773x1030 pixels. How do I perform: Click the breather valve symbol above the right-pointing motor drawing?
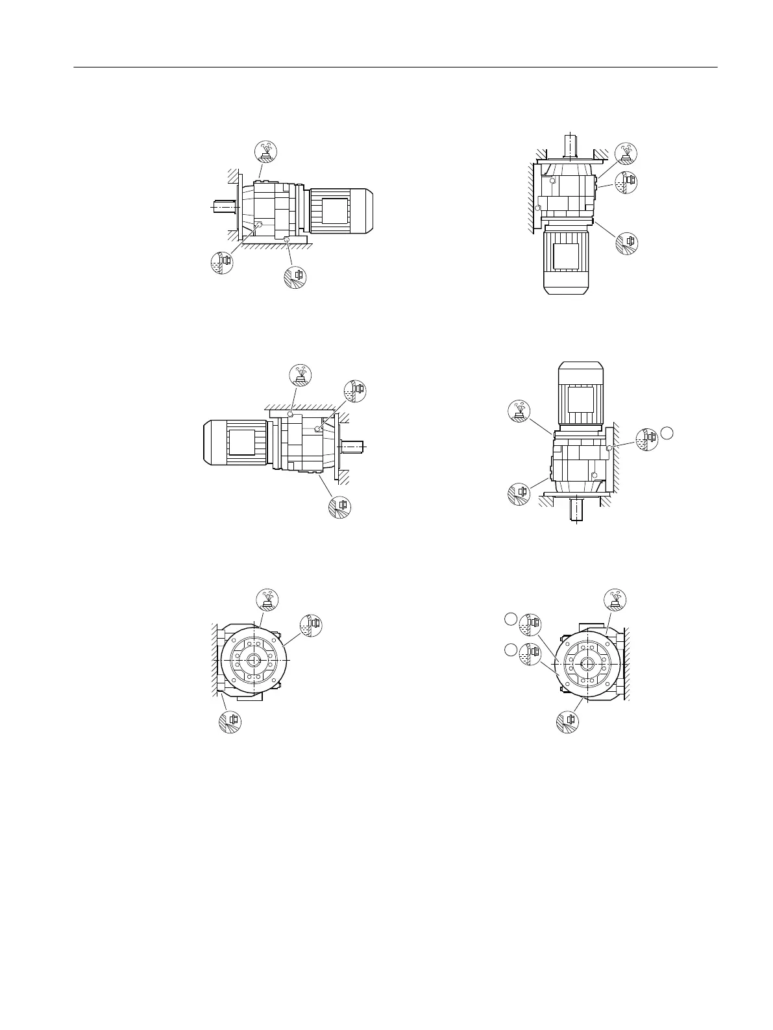coord(265,151)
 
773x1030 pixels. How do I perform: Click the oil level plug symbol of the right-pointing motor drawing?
coord(222,263)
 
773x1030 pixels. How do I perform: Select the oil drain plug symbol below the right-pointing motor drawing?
coord(295,276)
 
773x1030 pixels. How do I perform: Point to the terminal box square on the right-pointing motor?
coord(336,212)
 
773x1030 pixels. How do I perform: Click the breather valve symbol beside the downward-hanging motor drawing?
coord(626,153)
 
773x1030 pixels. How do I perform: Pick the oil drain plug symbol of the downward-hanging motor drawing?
coord(627,242)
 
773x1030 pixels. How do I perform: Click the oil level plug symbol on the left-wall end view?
coord(311,624)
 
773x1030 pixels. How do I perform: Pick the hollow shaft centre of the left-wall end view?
coord(252,659)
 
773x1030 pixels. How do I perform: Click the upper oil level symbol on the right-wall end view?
coord(530,624)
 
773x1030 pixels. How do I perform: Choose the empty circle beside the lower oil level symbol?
coord(511,650)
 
